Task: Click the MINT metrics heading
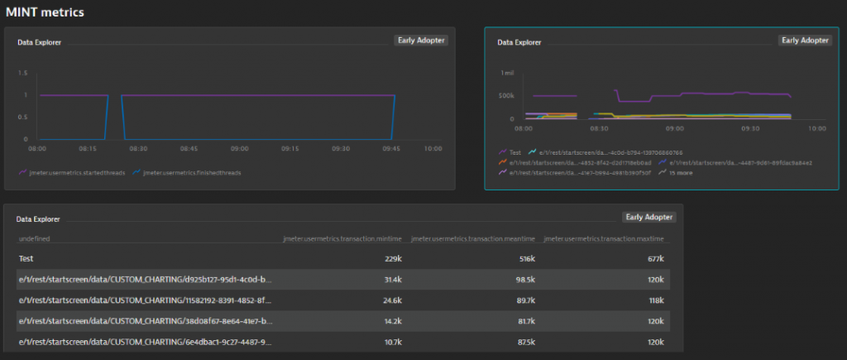click(45, 12)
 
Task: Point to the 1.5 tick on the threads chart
click(23, 73)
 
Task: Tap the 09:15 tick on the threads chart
click(290, 149)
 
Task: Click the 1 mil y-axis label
click(508, 73)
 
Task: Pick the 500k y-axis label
click(506, 96)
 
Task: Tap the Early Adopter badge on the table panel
click(648, 217)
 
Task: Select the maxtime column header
click(604, 239)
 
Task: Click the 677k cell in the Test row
click(655, 259)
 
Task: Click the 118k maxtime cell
click(656, 300)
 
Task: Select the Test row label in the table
click(27, 259)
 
